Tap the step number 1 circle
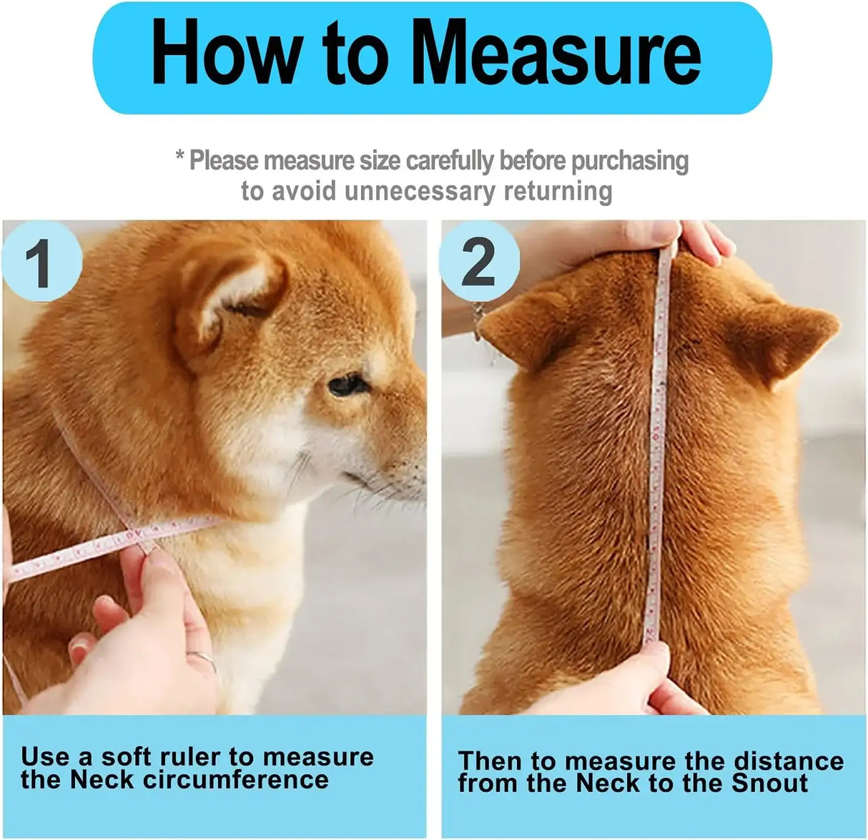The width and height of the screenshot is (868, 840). coord(42,262)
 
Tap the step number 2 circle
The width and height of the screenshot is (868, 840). coord(479,262)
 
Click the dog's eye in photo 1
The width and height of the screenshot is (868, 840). coord(348,385)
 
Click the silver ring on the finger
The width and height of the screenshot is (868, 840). coord(202,659)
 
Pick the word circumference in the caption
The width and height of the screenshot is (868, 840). coord(235,780)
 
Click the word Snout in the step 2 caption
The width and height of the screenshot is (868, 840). coord(769,783)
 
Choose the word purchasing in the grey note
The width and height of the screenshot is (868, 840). coord(630,162)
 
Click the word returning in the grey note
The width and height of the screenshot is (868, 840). coord(558,191)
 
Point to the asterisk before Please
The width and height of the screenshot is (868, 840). coord(180,156)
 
